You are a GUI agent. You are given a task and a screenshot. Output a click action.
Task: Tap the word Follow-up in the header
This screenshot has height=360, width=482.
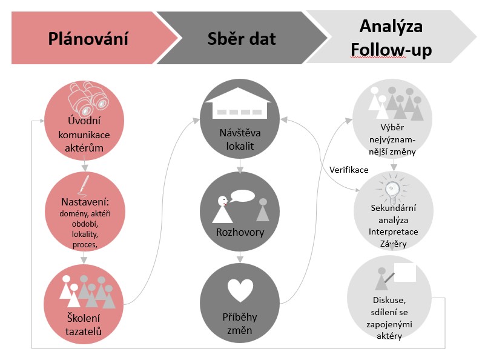tap(391, 49)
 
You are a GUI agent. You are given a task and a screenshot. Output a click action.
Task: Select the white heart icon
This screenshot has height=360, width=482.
tap(241, 290)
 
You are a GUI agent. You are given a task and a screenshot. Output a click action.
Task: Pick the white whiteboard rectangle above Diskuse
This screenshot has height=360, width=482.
tap(404, 272)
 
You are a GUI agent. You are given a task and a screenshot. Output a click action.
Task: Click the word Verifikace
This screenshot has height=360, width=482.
tap(349, 169)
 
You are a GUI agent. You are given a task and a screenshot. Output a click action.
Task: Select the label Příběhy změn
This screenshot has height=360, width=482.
tap(240, 324)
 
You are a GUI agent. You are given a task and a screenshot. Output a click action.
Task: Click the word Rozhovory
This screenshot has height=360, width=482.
tap(240, 232)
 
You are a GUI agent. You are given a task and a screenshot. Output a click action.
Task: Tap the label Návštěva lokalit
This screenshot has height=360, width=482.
tap(240, 138)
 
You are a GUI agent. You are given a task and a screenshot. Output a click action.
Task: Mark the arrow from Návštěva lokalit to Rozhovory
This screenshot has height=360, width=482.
tap(241, 165)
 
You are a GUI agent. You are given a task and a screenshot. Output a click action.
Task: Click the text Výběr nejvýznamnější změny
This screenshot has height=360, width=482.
tap(394, 139)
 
